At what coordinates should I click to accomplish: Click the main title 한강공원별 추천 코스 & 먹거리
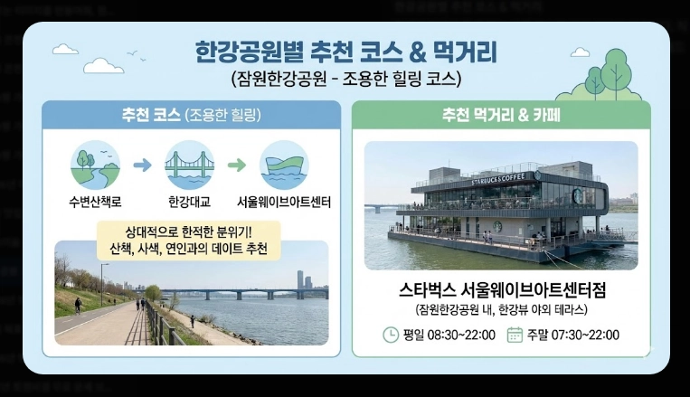click(345, 50)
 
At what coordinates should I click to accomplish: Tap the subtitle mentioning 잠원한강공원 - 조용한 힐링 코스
click(345, 79)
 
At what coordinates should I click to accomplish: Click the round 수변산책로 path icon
click(95, 165)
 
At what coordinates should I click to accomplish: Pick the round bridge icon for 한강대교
click(189, 165)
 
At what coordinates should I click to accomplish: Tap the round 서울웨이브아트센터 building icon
click(284, 165)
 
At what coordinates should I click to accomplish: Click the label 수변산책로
click(95, 201)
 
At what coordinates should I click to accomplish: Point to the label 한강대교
click(189, 201)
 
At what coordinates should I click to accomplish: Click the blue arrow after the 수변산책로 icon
click(142, 165)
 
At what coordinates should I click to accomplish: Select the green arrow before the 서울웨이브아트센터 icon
click(236, 165)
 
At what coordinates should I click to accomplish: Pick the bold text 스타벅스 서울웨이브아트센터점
click(501, 291)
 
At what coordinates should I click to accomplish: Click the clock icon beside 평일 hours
click(391, 335)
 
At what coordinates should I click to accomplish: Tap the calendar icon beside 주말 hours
click(515, 335)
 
